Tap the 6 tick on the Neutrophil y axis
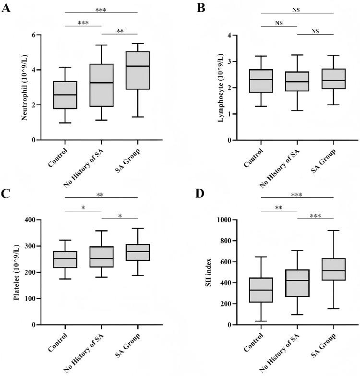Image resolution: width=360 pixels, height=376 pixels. point(34,35)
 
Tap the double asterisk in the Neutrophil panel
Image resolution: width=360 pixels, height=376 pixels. point(119,31)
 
